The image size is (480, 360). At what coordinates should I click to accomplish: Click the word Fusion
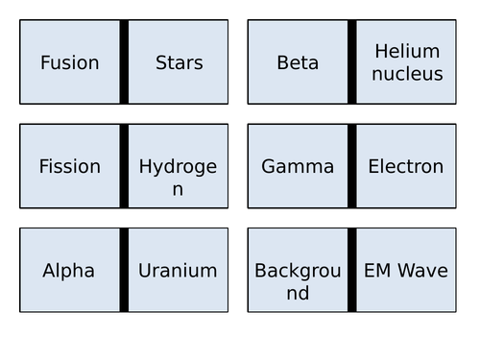(x=70, y=63)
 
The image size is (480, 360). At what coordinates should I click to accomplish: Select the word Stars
(x=179, y=63)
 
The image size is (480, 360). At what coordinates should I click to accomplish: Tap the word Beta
(x=298, y=63)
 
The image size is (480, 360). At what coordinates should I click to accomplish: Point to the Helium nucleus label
(x=407, y=62)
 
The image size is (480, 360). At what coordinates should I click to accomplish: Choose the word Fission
(x=69, y=166)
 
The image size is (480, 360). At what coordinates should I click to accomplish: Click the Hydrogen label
(x=178, y=177)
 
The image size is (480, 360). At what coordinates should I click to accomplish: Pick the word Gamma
(x=298, y=166)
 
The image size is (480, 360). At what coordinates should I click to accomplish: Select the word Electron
(x=406, y=166)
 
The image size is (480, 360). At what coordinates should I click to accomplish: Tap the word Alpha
(x=69, y=271)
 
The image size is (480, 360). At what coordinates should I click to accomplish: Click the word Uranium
(x=178, y=271)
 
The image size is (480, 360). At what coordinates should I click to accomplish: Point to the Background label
(x=298, y=281)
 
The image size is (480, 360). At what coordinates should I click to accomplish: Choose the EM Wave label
(x=406, y=271)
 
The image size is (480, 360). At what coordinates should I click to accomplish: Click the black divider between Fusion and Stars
(x=124, y=62)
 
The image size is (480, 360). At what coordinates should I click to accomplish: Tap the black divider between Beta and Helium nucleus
(x=352, y=62)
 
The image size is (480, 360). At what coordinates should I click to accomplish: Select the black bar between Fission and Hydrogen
(x=124, y=166)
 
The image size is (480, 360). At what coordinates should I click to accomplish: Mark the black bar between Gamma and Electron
(x=352, y=166)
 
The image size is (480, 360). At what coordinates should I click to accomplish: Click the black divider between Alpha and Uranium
(x=124, y=270)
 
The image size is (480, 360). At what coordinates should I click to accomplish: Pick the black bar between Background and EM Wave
(x=352, y=270)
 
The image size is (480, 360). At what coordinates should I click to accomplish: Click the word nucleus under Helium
(x=407, y=74)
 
